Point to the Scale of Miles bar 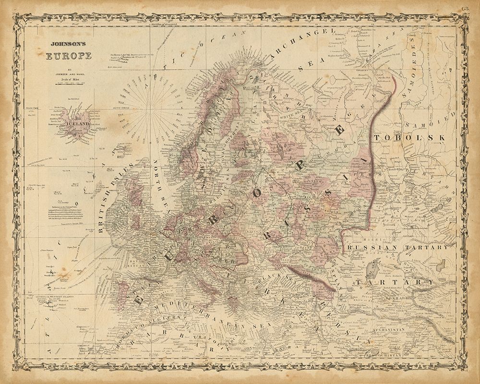68,84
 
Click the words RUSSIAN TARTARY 400,248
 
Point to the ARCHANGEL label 298,43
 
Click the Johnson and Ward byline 68,73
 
